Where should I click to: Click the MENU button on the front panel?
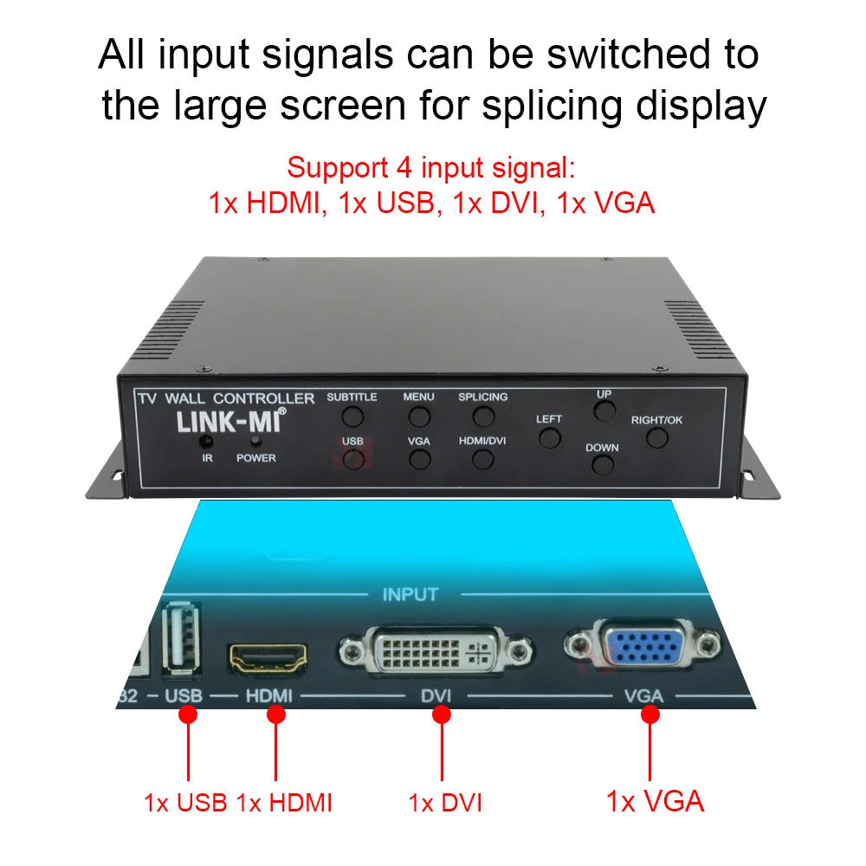(419, 417)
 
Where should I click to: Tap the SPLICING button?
(483, 417)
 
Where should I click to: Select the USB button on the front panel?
(352, 460)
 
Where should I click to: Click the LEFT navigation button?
(549, 438)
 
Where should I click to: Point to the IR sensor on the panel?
(208, 442)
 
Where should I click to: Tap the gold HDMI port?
(269, 660)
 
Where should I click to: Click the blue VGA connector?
(643, 646)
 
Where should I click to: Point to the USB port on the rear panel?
(182, 638)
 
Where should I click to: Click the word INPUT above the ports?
(410, 595)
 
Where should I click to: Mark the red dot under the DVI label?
(442, 714)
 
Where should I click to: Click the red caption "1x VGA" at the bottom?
(656, 801)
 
